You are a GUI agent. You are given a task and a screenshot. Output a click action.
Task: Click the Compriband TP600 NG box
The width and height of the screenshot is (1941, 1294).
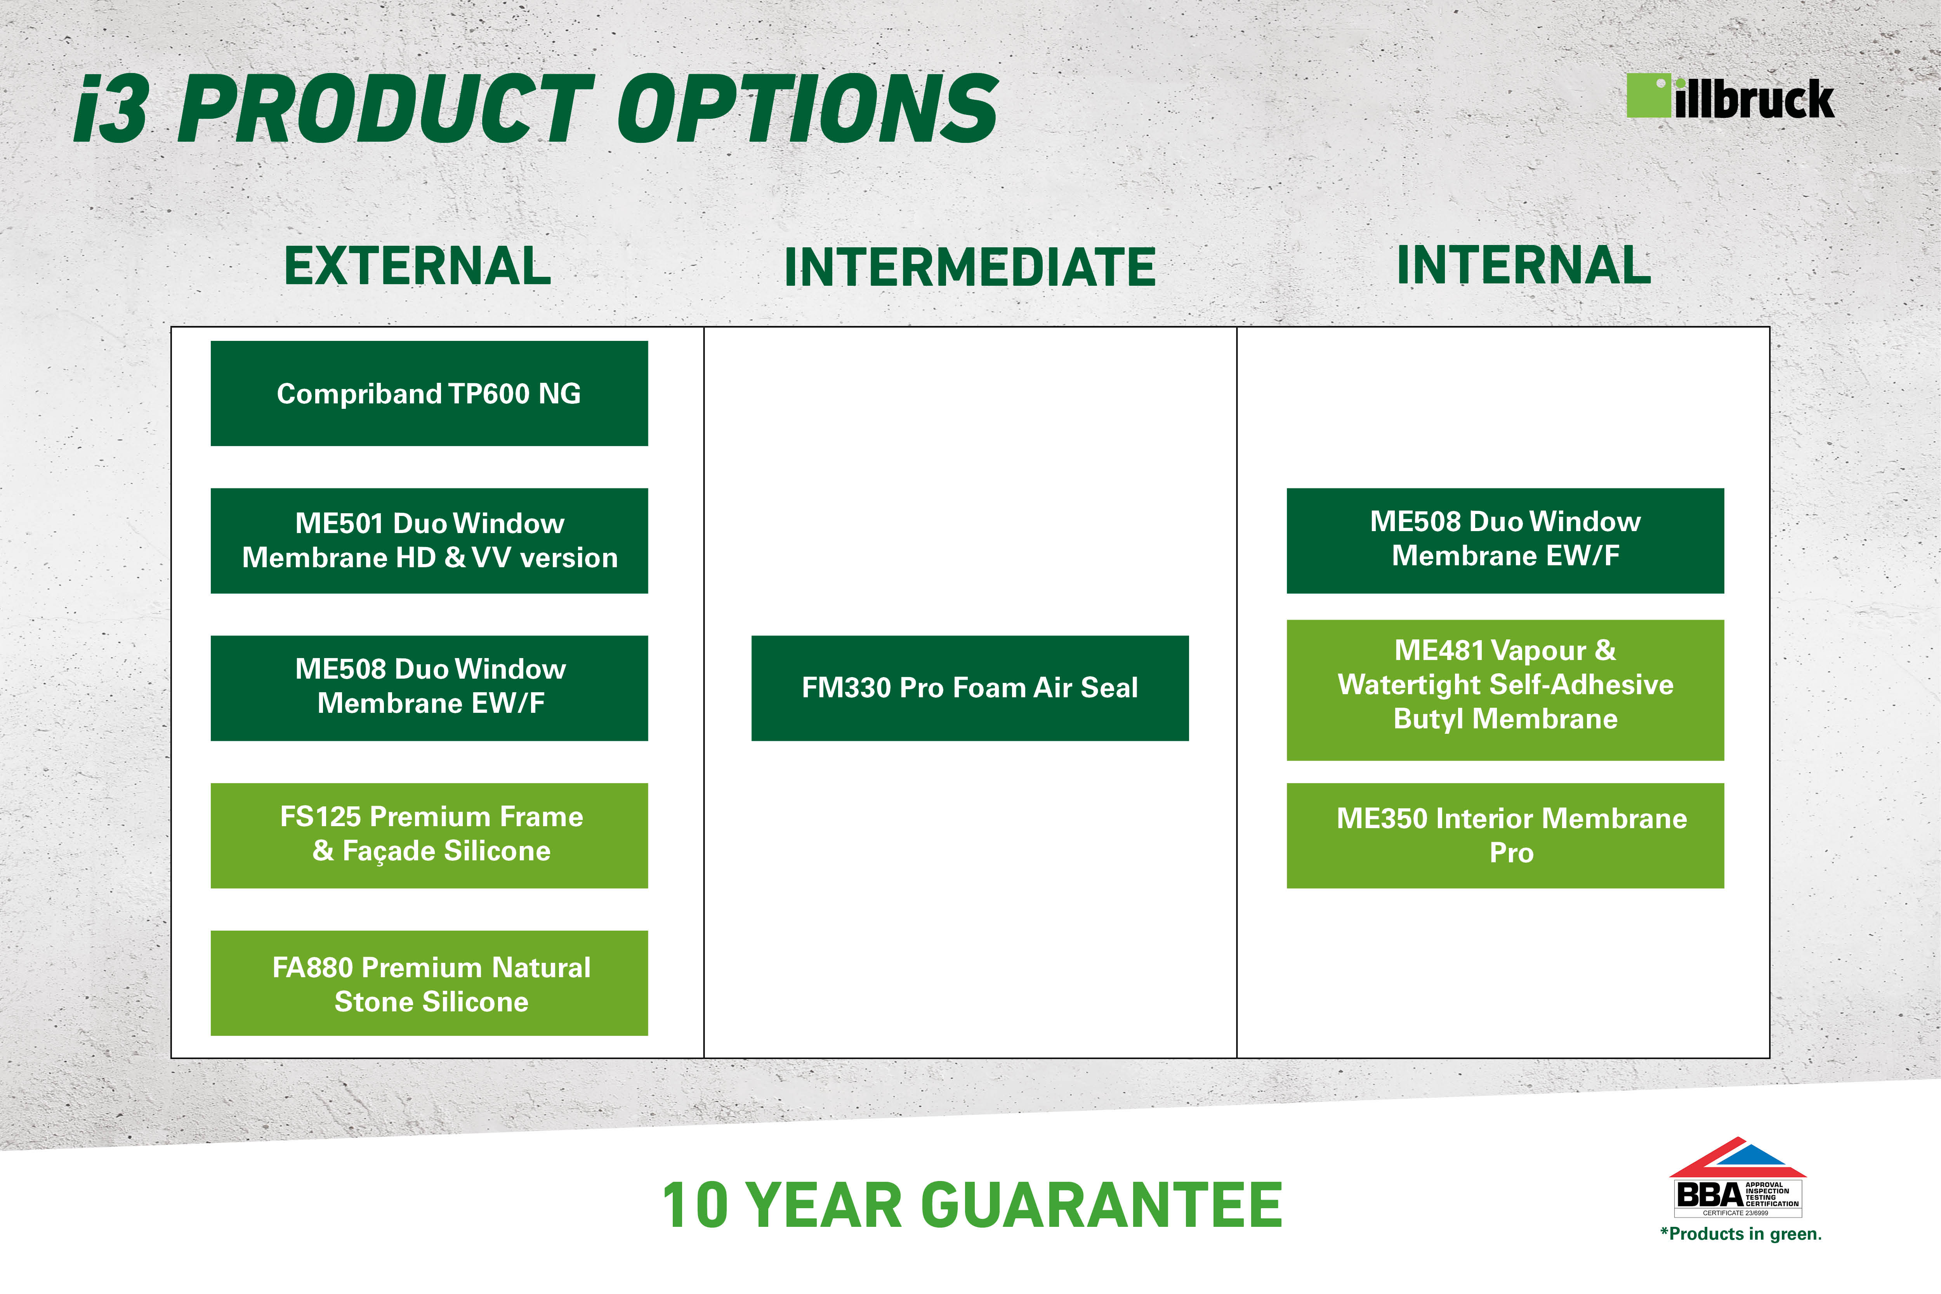click(429, 394)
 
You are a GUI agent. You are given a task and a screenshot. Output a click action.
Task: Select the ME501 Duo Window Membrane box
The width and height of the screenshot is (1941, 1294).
click(429, 540)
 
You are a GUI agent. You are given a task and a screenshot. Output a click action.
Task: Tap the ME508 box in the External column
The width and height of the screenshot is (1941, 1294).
click(429, 688)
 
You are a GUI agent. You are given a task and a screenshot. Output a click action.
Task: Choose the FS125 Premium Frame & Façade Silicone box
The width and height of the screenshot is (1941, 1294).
click(429, 835)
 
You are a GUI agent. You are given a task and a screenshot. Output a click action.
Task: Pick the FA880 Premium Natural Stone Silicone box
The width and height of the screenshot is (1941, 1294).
click(429, 983)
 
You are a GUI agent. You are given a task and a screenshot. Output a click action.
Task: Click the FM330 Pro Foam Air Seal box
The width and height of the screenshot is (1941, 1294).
click(970, 688)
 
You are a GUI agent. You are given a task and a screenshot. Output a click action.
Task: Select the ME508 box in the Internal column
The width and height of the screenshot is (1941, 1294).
click(1505, 540)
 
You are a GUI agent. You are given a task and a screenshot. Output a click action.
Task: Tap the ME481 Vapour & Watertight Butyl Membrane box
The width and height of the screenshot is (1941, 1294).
click(1505, 690)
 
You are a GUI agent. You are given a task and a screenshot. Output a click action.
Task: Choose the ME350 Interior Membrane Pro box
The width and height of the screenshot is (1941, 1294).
click(1505, 835)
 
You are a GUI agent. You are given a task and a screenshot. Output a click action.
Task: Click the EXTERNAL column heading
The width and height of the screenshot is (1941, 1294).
click(418, 266)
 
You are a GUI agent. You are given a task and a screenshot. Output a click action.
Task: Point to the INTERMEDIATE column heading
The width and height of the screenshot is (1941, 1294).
click(970, 267)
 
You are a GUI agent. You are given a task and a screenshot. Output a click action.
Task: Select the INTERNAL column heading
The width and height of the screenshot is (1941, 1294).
click(1523, 265)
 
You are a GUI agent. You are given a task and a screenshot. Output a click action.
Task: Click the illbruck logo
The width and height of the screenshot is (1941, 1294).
click(1730, 97)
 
